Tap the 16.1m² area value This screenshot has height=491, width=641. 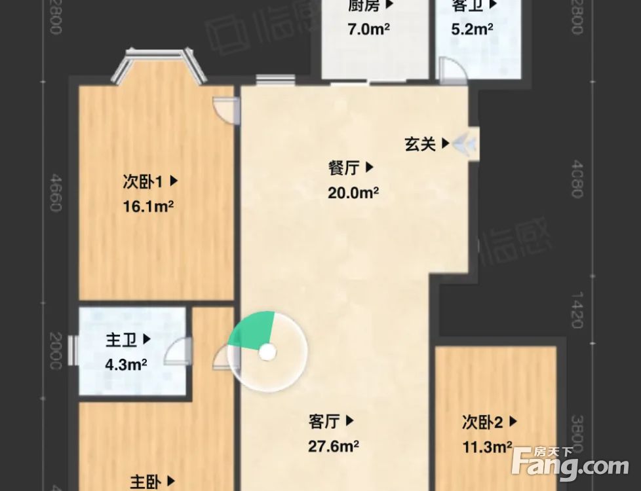point(148,207)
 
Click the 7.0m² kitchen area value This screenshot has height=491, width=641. point(368,29)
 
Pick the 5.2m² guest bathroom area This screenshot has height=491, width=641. point(473,29)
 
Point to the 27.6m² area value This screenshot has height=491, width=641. point(334,446)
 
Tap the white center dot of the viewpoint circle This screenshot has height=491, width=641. point(267,352)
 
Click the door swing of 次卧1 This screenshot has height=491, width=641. point(227,110)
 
